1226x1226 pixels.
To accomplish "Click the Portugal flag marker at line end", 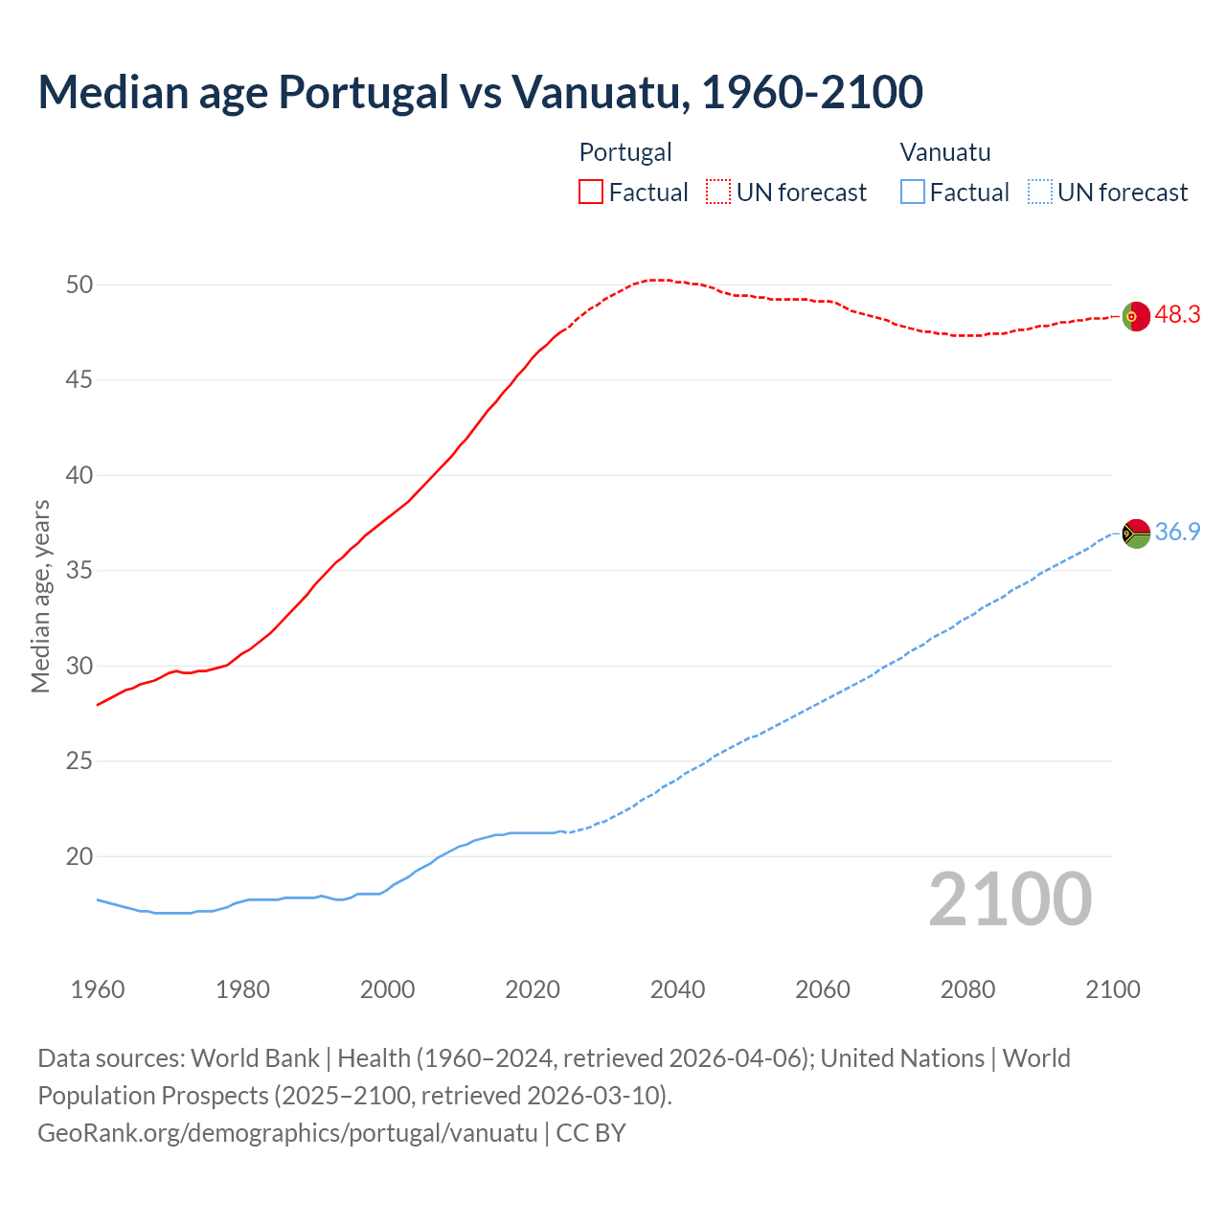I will pyautogui.click(x=1136, y=315).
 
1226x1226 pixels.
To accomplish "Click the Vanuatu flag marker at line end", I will pyautogui.click(x=1136, y=534).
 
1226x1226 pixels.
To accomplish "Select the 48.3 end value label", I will pyautogui.click(x=1177, y=315).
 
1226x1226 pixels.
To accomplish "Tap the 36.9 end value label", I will pyautogui.click(x=1177, y=533).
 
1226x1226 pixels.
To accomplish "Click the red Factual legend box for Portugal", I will pyautogui.click(x=591, y=193).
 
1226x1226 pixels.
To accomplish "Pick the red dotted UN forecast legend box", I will pyautogui.click(x=718, y=193).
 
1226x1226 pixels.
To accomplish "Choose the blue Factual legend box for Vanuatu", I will pyautogui.click(x=912, y=193).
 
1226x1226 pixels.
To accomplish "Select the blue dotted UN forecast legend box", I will pyautogui.click(x=1039, y=193).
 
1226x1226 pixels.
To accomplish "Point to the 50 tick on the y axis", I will pyautogui.click(x=79, y=285).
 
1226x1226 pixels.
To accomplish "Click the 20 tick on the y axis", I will pyautogui.click(x=79, y=857).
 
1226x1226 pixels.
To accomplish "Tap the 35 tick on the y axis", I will pyautogui.click(x=79, y=572).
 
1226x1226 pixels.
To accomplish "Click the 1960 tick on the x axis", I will pyautogui.click(x=98, y=989).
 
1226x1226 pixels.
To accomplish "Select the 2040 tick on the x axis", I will pyautogui.click(x=677, y=989).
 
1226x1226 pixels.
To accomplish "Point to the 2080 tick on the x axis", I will pyautogui.click(x=967, y=989).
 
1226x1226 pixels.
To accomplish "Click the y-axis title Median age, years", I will pyautogui.click(x=40, y=596).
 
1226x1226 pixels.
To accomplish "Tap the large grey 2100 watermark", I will pyautogui.click(x=1010, y=899).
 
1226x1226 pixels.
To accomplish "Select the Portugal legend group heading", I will pyautogui.click(x=625, y=152).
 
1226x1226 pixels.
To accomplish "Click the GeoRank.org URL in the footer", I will pyautogui.click(x=287, y=1133).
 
